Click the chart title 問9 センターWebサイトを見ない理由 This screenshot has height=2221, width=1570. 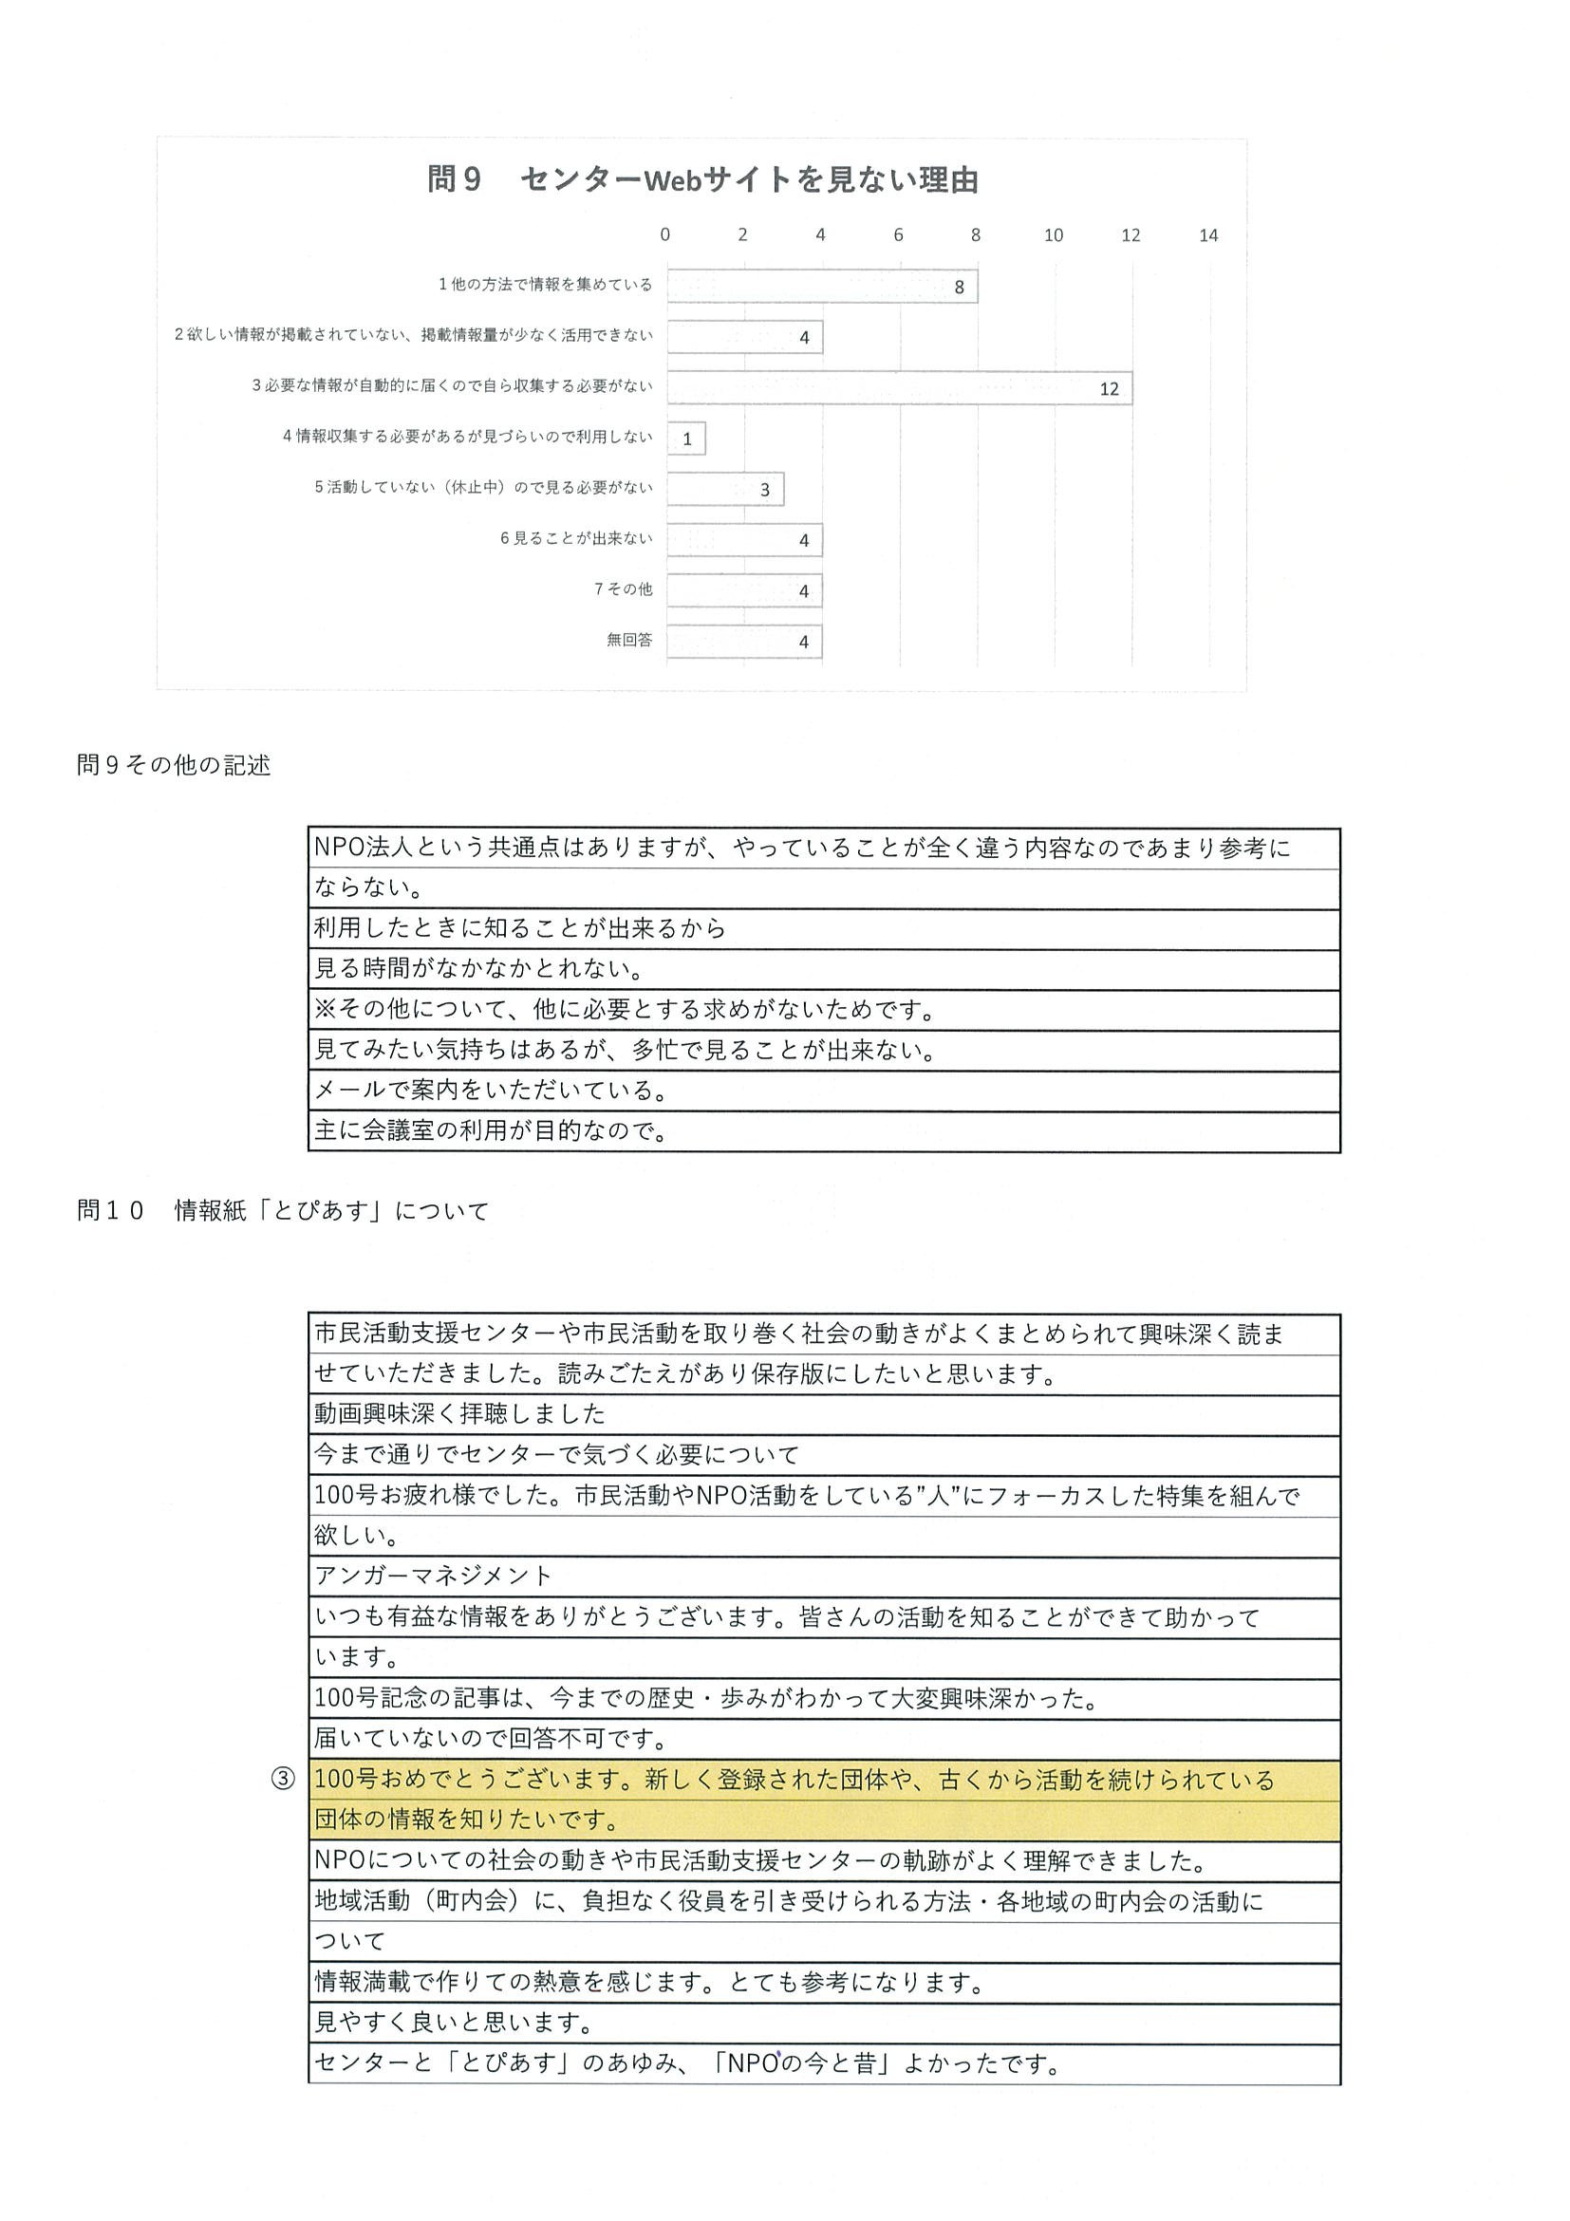pos(702,180)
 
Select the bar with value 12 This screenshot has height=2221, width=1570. pos(899,388)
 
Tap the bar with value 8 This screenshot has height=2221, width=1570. pos(821,287)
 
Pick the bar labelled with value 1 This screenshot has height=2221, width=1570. pos(686,439)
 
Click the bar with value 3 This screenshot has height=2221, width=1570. pos(724,490)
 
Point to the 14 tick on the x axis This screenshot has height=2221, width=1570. pos(1208,235)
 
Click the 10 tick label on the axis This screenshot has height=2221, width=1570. pos(1053,235)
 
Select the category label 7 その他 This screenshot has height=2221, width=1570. pos(623,589)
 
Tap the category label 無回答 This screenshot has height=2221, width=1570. pos(628,640)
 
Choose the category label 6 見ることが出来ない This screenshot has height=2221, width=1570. pos(575,539)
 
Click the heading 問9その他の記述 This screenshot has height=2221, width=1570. pos(174,765)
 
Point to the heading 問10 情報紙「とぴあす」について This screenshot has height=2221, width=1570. pos(283,1210)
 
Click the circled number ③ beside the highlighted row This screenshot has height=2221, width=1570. pos(282,1779)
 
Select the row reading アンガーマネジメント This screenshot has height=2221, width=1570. pos(434,1576)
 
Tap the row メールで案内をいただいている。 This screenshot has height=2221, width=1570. pos(492,1091)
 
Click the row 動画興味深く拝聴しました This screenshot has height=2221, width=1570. pos(459,1414)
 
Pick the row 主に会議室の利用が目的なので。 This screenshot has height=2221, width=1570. pos(492,1130)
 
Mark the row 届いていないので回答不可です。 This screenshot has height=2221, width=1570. pos(492,1738)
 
